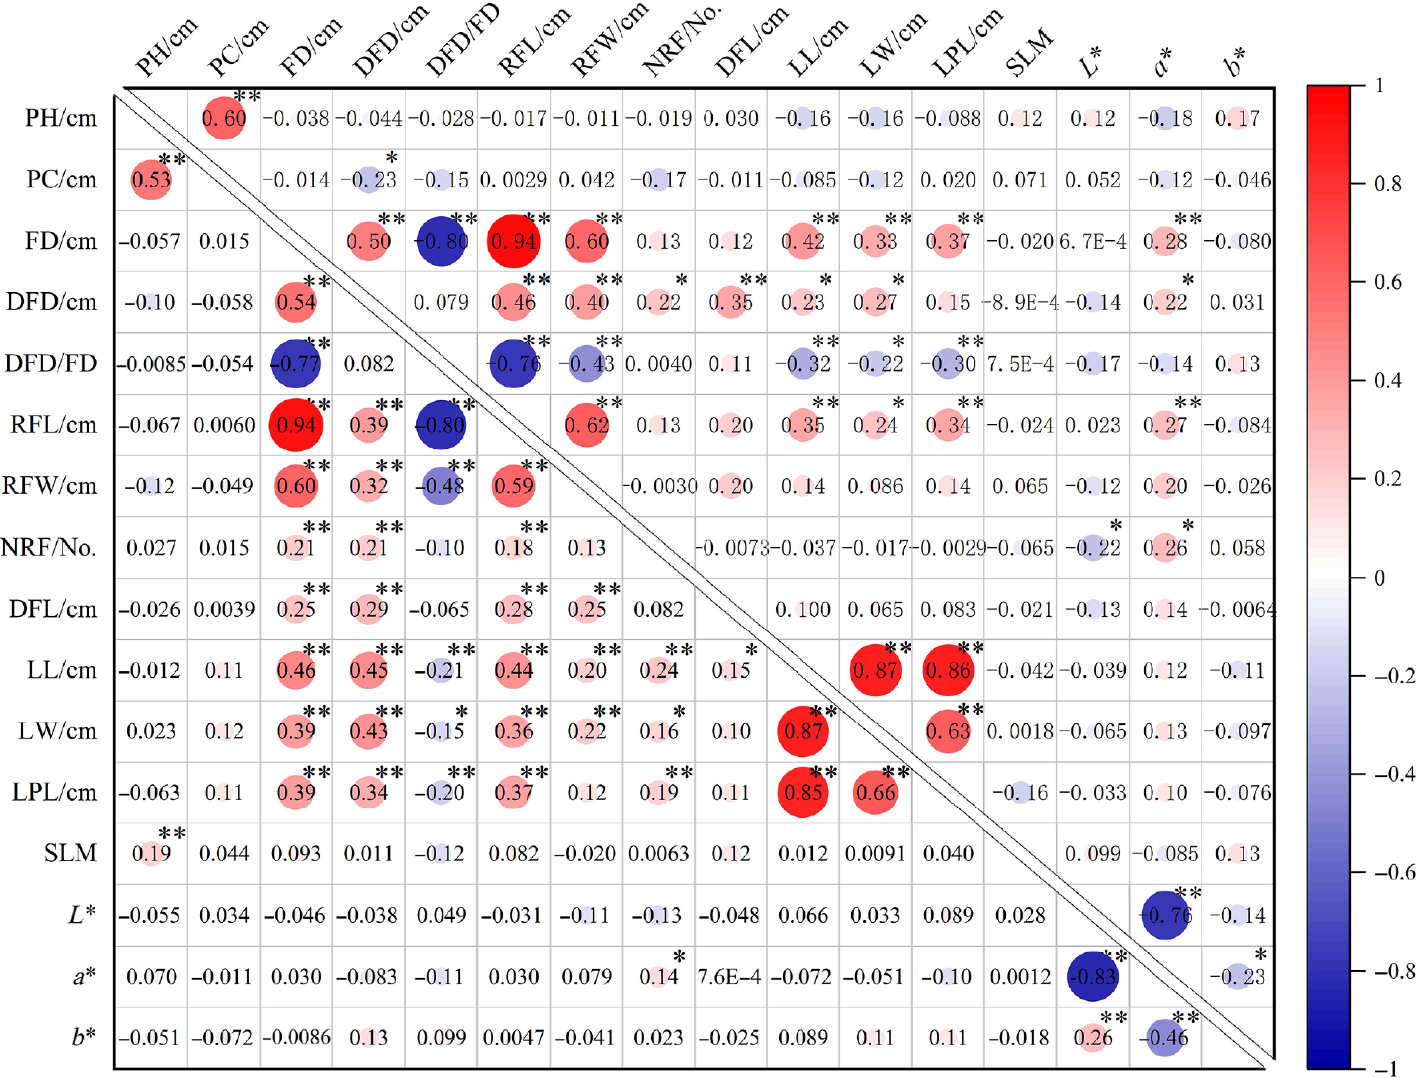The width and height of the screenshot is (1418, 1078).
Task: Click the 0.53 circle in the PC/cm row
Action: coord(151,180)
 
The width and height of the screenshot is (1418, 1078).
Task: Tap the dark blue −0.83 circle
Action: coord(1093,977)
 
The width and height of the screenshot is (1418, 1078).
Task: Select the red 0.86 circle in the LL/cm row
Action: coord(948,670)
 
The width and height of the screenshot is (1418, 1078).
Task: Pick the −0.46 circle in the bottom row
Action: coord(1165,1038)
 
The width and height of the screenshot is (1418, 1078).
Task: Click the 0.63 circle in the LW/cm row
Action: coord(948,731)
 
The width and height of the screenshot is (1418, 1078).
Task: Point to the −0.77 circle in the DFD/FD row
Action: coord(295,364)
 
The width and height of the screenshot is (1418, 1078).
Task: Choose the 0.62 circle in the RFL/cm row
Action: coord(586,425)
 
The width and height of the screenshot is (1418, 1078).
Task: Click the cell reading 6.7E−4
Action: coord(1093,241)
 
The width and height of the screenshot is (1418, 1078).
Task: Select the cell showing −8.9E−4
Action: coord(1020,302)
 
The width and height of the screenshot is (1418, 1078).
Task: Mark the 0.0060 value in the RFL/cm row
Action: coord(224,425)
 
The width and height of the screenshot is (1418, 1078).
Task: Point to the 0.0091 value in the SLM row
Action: coord(875,853)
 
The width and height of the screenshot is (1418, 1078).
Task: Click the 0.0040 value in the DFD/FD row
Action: coord(658,364)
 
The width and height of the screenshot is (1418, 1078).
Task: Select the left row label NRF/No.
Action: coord(49,547)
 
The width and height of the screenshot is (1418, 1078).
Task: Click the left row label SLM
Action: coord(70,853)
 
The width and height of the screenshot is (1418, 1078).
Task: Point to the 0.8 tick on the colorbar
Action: coord(1386,184)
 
